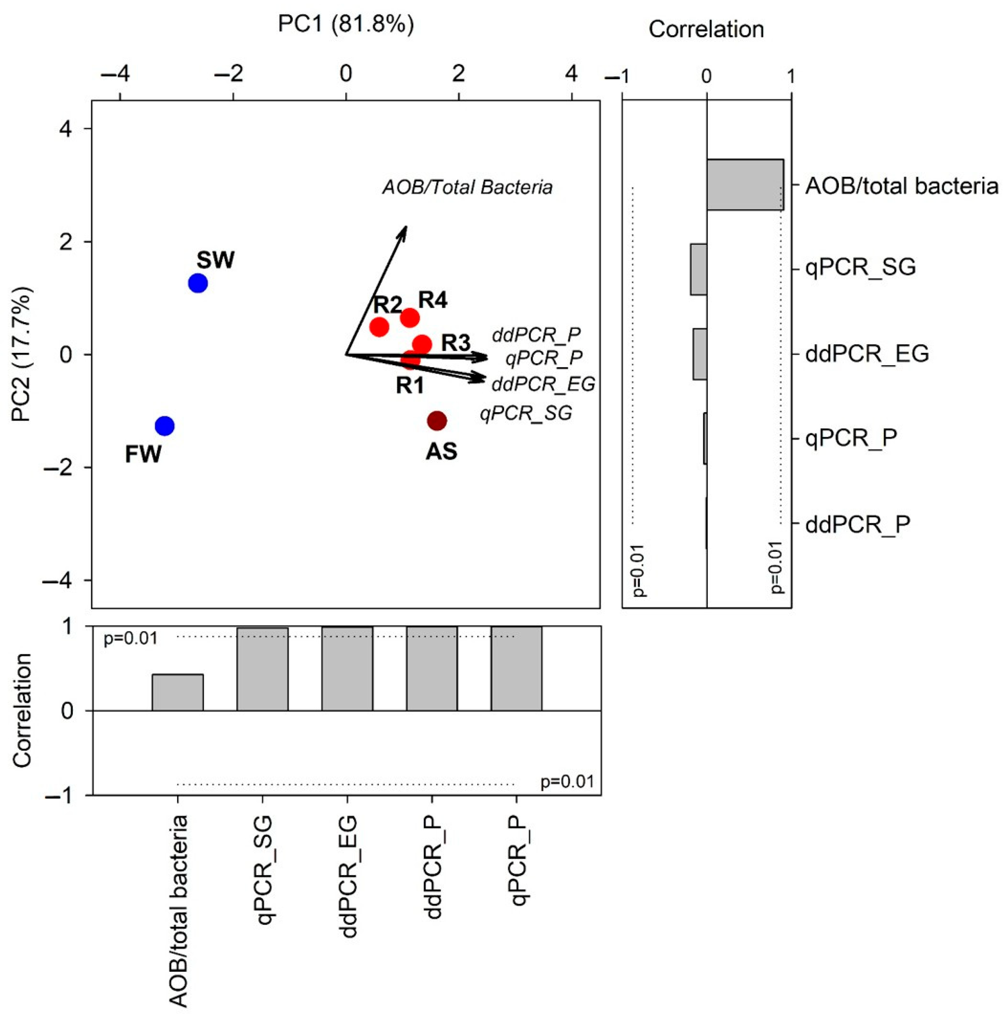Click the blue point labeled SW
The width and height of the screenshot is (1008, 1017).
coord(198,283)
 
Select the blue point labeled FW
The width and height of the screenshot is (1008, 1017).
coord(165,426)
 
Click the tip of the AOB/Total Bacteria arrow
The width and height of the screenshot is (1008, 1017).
coord(406,227)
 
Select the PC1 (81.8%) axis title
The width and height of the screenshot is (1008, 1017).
coord(346,25)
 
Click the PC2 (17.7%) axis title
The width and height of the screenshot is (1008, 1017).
coord(22,354)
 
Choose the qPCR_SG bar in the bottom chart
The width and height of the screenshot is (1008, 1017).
coord(262,669)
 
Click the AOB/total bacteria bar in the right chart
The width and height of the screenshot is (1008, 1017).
coord(745,185)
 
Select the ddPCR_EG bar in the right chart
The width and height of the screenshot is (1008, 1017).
coord(700,354)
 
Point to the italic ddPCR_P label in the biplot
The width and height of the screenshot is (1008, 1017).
coord(536,334)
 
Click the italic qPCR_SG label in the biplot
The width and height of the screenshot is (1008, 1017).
coord(526,413)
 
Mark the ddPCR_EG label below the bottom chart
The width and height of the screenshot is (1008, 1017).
coord(348,877)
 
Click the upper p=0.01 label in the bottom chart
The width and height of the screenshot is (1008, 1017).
coord(131,639)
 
